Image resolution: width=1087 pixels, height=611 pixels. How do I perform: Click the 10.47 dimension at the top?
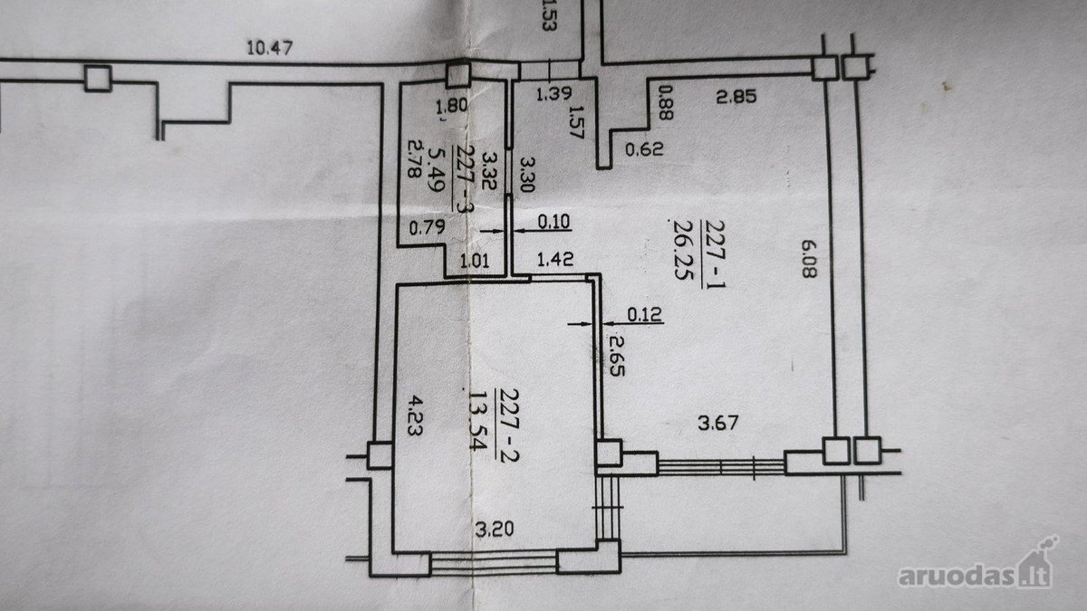[270, 48]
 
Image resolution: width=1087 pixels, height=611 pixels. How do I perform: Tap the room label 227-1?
[714, 254]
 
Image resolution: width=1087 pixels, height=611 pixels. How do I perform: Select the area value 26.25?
[683, 250]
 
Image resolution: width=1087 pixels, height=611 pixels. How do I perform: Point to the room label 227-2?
[507, 425]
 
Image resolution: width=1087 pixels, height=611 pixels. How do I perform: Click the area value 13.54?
[477, 420]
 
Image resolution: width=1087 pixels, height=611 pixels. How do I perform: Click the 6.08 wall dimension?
[809, 259]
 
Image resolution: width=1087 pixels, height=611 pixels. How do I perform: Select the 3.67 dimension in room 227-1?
[718, 423]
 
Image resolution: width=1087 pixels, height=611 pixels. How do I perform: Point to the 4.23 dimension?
[415, 415]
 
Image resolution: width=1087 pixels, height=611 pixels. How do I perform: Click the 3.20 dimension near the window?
[494, 529]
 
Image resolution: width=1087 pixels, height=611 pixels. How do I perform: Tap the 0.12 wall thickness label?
[644, 315]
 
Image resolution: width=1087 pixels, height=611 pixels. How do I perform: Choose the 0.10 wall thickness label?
[554, 222]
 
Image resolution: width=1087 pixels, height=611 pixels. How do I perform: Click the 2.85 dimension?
[736, 96]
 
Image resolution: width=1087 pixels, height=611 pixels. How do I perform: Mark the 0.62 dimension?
[644, 148]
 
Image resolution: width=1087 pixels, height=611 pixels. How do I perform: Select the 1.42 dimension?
[555, 259]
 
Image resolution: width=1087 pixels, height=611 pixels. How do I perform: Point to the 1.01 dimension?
[475, 262]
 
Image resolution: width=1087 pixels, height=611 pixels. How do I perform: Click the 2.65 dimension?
[616, 356]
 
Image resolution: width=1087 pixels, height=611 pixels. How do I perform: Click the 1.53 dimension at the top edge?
[548, 16]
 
